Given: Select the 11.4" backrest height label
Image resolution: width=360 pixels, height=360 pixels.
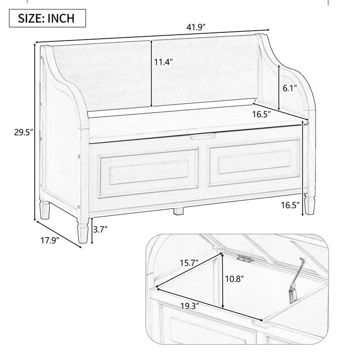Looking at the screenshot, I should tap(163, 63).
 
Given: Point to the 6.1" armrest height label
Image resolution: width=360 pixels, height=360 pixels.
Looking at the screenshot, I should tap(290, 89).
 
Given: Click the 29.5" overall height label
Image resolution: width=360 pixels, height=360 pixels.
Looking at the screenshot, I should tap(19, 132).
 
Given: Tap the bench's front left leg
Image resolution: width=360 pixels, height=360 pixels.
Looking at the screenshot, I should tap(82, 228).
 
